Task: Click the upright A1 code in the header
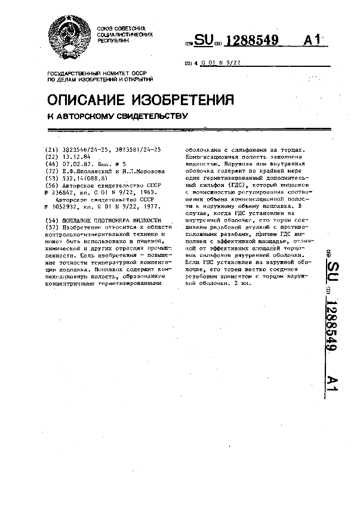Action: coord(312,40)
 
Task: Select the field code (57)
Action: coord(52,228)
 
